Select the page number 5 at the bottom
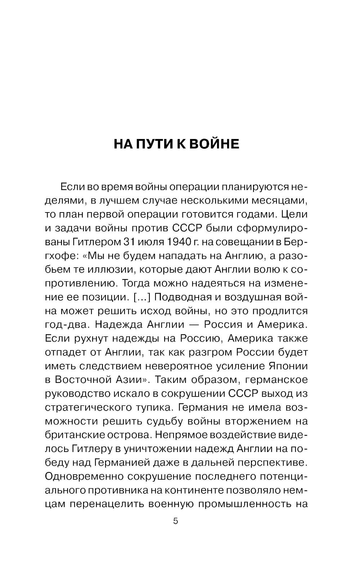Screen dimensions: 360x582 [x=176, y=521]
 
